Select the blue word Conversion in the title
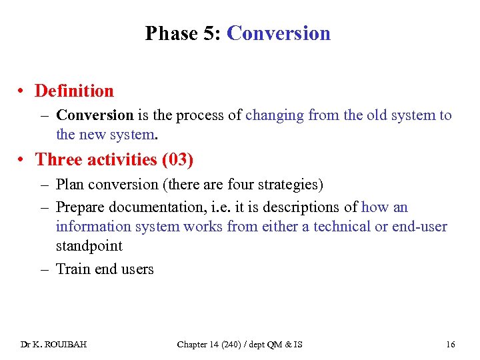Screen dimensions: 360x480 click(x=278, y=33)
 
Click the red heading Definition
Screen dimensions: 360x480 click(x=74, y=91)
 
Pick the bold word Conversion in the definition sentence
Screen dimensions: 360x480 click(x=95, y=115)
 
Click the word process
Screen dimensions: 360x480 click(x=201, y=115)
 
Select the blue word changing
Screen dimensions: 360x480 click(x=275, y=115)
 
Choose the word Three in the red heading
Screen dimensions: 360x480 click(x=59, y=159)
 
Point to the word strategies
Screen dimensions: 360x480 click(x=291, y=184)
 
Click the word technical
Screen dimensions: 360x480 click(x=342, y=227)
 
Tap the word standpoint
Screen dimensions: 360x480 click(x=89, y=246)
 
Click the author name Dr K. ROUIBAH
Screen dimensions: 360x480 click(x=53, y=344)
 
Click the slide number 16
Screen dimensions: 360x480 click(x=451, y=344)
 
